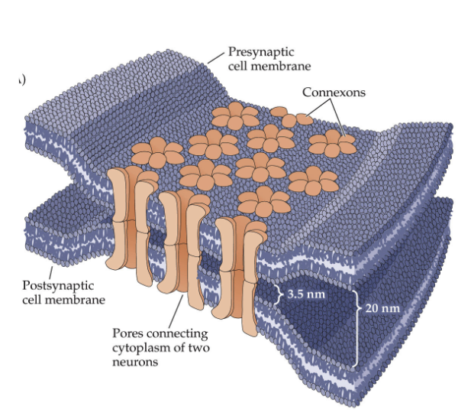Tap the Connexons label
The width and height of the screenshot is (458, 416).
[334, 93]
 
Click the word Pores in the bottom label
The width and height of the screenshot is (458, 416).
[127, 334]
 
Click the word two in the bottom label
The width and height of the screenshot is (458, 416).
[197, 349]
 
